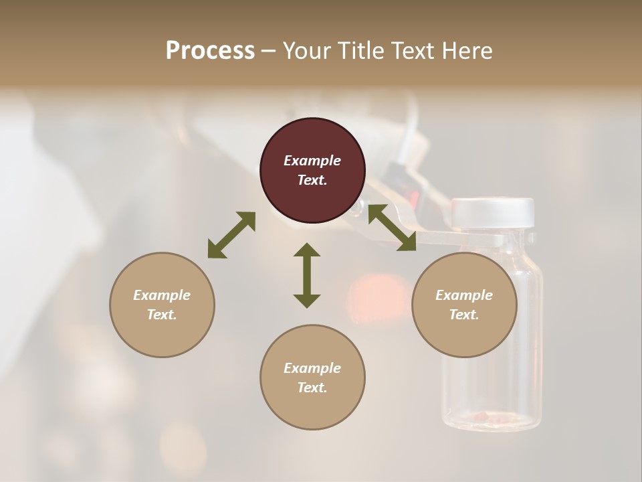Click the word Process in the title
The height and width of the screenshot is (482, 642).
(x=210, y=51)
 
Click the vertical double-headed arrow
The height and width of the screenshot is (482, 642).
(x=307, y=276)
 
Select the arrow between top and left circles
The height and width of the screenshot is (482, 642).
(x=231, y=235)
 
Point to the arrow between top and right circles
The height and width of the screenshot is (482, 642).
(x=393, y=228)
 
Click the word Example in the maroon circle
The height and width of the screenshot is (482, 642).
(x=312, y=161)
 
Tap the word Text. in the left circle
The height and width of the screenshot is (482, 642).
(x=162, y=315)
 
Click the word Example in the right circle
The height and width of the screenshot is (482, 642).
(x=464, y=295)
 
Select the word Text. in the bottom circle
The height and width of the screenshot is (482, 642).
(x=312, y=388)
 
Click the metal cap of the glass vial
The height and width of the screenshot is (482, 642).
(x=493, y=213)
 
